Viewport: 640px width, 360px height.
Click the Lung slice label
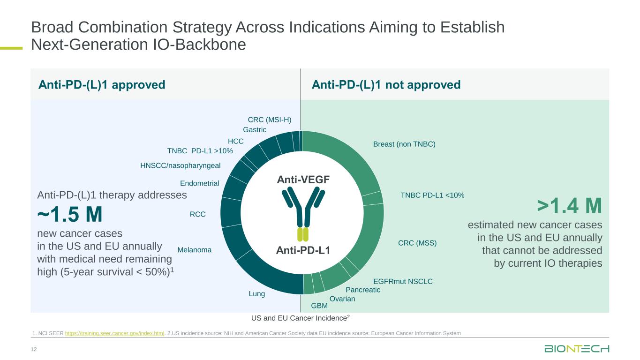pyautogui.click(x=257, y=294)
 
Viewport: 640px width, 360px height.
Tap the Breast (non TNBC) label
pyautogui.click(x=404, y=144)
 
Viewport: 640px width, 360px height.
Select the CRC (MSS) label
pyautogui.click(x=417, y=243)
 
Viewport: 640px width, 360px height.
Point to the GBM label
pyautogui.click(x=319, y=306)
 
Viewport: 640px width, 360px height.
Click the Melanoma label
pyautogui.click(x=195, y=250)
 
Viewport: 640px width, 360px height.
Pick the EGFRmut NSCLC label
pyautogui.click(x=403, y=282)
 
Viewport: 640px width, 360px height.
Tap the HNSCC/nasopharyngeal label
pyautogui.click(x=181, y=165)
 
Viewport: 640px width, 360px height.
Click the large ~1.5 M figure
pyautogui.click(x=70, y=215)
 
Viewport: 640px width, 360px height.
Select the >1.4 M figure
pyautogui.click(x=569, y=206)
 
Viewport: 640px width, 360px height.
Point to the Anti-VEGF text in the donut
pyautogui.click(x=303, y=180)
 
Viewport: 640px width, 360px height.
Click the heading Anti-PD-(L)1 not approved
pyautogui.click(x=386, y=85)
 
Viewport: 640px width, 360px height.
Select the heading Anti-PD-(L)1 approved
pyautogui.click(x=102, y=85)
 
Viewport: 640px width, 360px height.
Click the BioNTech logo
pyautogui.click(x=576, y=349)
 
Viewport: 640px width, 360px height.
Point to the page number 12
pyautogui.click(x=33, y=348)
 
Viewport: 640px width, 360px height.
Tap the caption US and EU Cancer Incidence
pyautogui.click(x=301, y=318)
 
